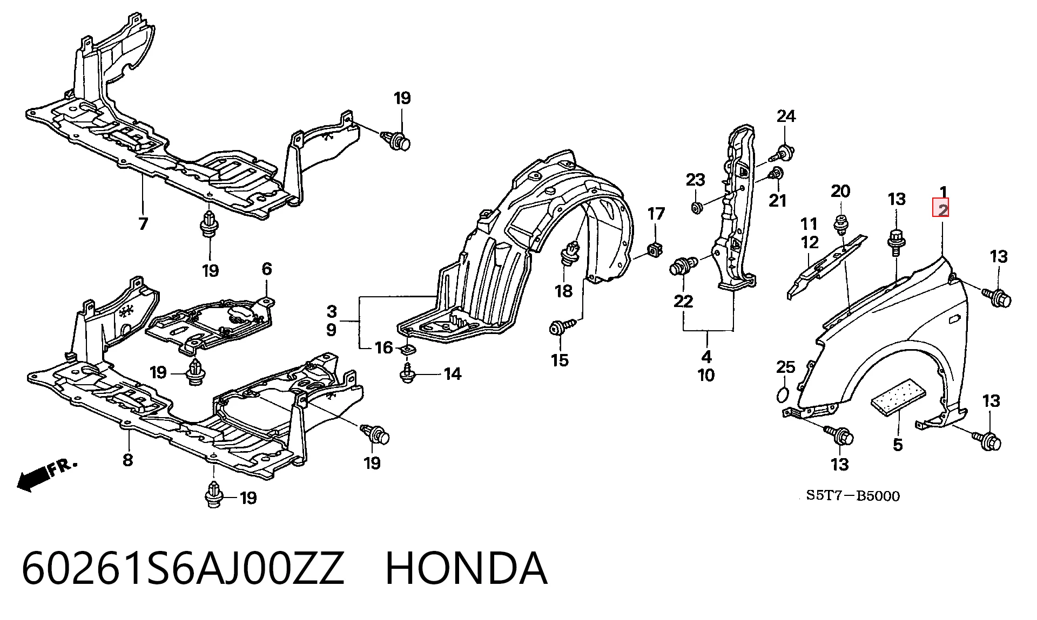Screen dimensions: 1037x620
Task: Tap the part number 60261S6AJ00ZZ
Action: click(183, 569)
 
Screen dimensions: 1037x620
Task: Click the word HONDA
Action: click(466, 569)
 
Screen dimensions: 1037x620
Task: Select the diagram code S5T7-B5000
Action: click(853, 495)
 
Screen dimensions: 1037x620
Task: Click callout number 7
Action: click(143, 223)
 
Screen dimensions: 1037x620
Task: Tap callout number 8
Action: click(128, 460)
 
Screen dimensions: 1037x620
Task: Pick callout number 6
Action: click(267, 269)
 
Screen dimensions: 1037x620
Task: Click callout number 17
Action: click(656, 214)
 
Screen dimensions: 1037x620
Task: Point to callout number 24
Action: click(786, 115)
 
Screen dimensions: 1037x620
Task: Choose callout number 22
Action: click(683, 301)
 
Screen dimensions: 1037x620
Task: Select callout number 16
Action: click(384, 348)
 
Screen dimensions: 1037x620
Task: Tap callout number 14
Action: click(453, 373)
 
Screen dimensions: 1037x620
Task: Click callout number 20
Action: click(840, 191)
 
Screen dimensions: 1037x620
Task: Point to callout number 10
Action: click(706, 374)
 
